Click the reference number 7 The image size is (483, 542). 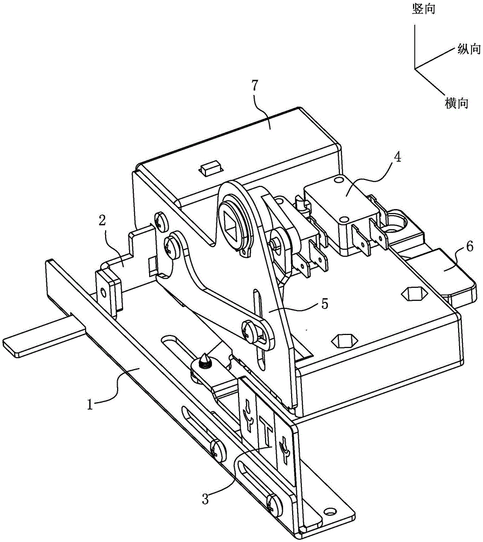254,86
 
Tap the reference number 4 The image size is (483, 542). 398,158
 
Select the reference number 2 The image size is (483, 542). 102,221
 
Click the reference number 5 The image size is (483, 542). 324,304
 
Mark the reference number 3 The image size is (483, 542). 205,499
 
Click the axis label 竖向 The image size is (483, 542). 423,9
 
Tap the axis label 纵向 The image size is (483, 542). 469,49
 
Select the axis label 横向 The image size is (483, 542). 457,103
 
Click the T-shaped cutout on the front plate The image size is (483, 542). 267,433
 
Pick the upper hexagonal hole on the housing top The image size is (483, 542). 414,293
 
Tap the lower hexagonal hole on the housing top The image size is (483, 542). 344,340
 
